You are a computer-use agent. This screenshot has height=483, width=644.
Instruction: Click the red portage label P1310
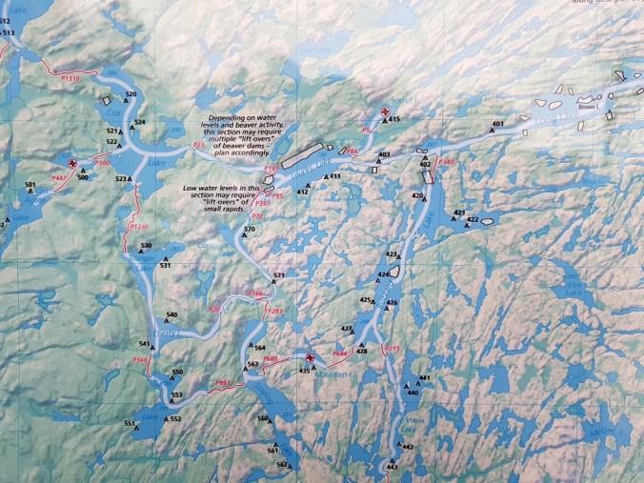[x=70, y=76]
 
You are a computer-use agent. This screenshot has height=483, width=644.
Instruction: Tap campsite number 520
[x=131, y=94]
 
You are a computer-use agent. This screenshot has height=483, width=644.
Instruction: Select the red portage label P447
[x=59, y=178]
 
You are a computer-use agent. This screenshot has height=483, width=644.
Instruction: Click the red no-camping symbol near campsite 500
[x=74, y=164]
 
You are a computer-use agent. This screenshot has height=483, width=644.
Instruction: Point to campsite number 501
[x=30, y=184]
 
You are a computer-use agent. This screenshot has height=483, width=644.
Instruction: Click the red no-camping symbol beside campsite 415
[x=384, y=113]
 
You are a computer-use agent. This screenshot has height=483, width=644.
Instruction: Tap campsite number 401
[x=497, y=124]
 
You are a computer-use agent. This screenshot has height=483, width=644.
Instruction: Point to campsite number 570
[x=250, y=230]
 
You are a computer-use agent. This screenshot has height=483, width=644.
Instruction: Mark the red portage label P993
[x=224, y=383]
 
